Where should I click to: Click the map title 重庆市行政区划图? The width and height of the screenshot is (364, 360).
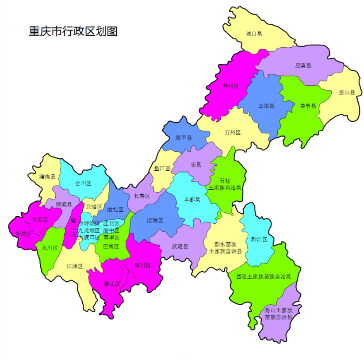pyautogui.click(x=73, y=31)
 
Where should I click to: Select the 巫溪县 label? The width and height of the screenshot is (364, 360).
pyautogui.click(x=303, y=65)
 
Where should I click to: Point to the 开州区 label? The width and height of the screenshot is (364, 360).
pyautogui.click(x=231, y=86)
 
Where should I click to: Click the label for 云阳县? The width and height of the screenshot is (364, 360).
pyautogui.click(x=266, y=106)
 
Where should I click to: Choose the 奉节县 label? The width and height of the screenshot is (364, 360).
pyautogui.click(x=308, y=106)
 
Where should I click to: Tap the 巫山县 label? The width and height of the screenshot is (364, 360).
pyautogui.click(x=347, y=92)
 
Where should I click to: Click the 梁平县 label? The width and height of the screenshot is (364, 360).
pyautogui.click(x=184, y=138)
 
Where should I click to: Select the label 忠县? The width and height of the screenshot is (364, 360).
pyautogui.click(x=196, y=165)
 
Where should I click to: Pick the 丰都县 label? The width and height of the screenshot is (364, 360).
pyautogui.click(x=192, y=199)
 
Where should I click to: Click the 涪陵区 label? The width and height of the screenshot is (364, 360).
pyautogui.click(x=155, y=220)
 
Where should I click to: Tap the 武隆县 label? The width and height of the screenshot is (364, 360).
pyautogui.click(x=180, y=246)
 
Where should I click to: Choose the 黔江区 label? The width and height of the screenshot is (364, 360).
pyautogui.click(x=259, y=239)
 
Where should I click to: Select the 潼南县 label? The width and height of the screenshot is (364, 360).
pyautogui.click(x=47, y=177)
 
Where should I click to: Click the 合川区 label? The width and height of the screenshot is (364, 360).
pyautogui.click(x=83, y=183)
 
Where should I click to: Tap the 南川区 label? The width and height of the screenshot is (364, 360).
pyautogui.click(x=143, y=265)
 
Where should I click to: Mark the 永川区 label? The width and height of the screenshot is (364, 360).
pyautogui.click(x=50, y=248)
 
